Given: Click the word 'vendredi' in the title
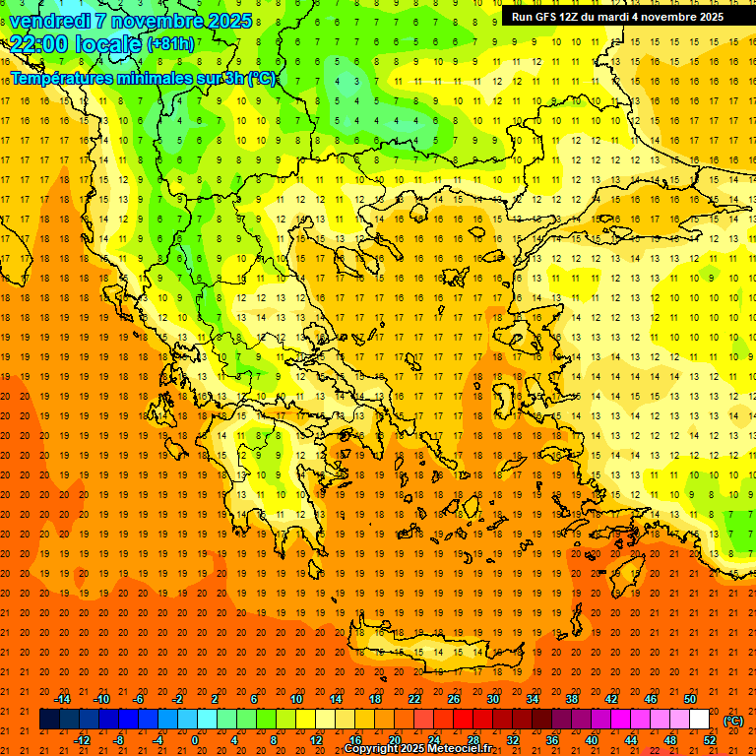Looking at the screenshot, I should point(50,21).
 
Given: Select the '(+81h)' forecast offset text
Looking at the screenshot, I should point(170,43).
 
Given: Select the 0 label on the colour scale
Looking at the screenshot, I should point(195,739).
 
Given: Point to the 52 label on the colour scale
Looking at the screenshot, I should point(710,739).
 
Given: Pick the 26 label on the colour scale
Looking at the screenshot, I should point(454,699).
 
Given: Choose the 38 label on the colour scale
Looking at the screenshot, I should point(572,699).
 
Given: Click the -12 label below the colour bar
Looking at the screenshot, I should point(83,739).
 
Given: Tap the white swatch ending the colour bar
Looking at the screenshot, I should point(699,720).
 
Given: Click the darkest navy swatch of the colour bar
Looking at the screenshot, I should point(49,720).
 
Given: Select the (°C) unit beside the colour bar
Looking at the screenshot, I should point(732,721).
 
